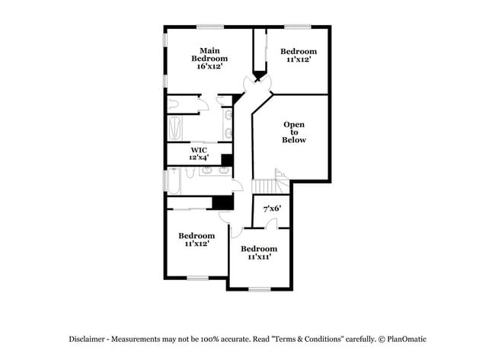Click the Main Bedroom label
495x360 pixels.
coord(209,54)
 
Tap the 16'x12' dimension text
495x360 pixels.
coord(209,66)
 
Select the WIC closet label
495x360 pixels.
coord(200,150)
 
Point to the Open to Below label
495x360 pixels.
coord(294,132)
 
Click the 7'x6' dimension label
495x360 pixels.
coord(272,208)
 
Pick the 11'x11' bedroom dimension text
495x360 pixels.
coord(259,257)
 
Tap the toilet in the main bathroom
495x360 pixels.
coord(174,104)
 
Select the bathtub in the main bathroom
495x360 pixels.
coord(174,128)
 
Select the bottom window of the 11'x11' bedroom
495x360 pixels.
coord(259,288)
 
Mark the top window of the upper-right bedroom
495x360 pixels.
coord(299,27)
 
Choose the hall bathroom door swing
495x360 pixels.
coord(237,185)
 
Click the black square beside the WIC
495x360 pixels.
coord(225,159)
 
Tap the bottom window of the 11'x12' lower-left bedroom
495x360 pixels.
coord(197,278)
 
